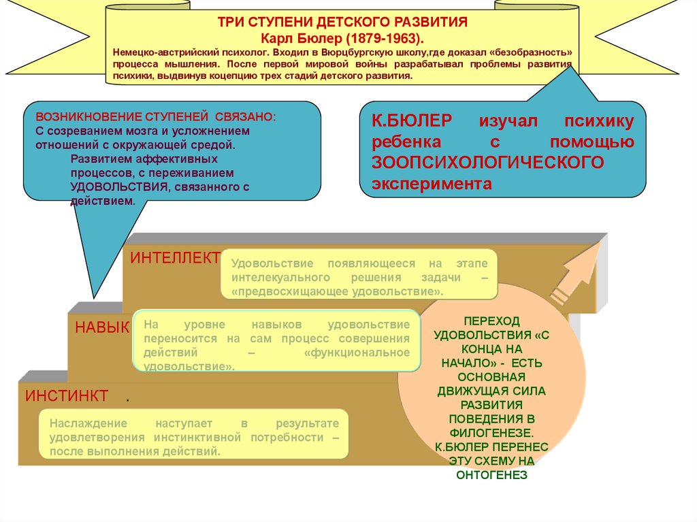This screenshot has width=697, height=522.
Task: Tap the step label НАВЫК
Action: pyautogui.click(x=102, y=327)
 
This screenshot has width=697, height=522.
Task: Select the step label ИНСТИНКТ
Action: pyautogui.click(x=67, y=395)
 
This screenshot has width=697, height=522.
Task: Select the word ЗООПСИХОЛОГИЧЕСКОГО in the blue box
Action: pyautogui.click(x=487, y=163)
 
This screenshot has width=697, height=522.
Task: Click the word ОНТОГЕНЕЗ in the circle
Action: pyautogui.click(x=491, y=475)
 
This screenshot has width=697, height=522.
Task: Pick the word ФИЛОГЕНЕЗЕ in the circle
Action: pyautogui.click(x=491, y=431)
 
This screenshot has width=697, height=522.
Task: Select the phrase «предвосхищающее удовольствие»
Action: pyautogui.click(x=338, y=291)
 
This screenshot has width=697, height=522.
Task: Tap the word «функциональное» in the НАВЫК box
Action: pyautogui.click(x=357, y=352)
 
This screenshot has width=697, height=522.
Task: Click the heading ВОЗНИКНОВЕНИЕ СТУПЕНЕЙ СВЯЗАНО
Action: pyautogui.click(x=157, y=116)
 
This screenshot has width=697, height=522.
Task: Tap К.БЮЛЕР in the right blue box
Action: pyautogui.click(x=411, y=121)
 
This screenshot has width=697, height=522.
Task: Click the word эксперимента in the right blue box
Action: pyautogui.click(x=431, y=184)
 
